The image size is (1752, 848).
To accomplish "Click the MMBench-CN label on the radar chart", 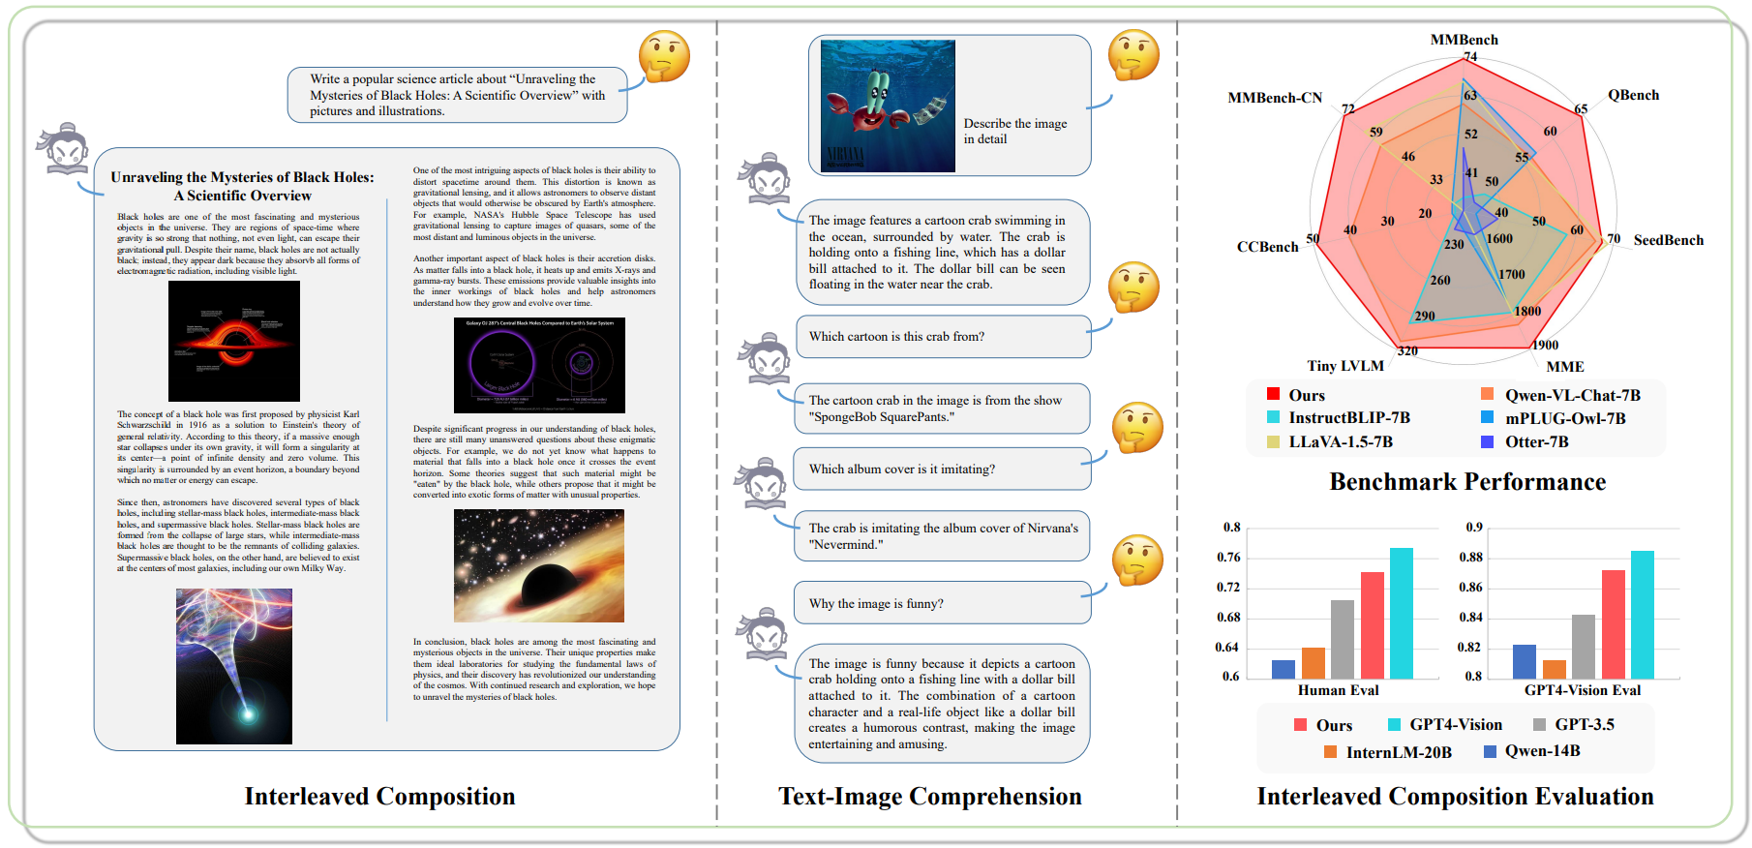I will pos(1274,98).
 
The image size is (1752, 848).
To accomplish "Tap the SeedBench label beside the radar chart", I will pos(1668,240).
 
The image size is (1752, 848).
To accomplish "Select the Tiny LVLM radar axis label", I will pos(1344,366).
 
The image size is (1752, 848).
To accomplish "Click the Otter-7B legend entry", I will pos(1536,442).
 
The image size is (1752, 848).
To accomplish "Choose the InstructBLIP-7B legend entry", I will pos(1348,418).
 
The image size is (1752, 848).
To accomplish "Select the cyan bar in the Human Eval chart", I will pos(1401,613).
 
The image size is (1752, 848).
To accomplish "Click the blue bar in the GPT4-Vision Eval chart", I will pos(1524,661).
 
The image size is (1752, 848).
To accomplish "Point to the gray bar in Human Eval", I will pos(1343,639).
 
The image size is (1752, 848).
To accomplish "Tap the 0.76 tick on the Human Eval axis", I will pos(1228,558).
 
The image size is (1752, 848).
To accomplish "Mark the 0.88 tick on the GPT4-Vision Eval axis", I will pos(1470,558).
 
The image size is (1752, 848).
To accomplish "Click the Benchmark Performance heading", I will pos(1466,482).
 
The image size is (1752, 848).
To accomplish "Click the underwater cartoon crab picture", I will pos(888,106).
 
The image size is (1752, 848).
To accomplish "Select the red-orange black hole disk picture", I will pos(233,341).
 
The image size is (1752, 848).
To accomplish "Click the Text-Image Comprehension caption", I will pos(929,797).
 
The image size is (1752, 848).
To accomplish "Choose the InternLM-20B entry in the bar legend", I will pos(1398,752).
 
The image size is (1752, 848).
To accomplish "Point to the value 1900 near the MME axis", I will pos(1545,346).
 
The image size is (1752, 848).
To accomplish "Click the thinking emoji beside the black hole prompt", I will pos(664,56).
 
